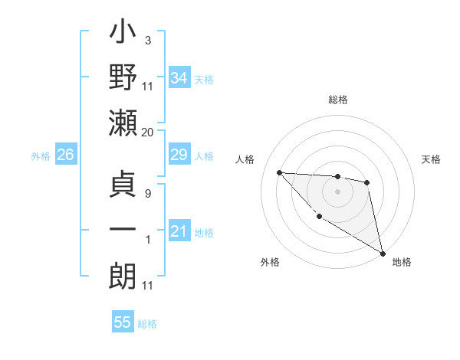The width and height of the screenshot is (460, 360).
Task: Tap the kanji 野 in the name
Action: pos(123,79)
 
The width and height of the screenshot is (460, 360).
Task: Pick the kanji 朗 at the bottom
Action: pos(123,274)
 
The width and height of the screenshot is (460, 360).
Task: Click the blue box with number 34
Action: pos(179,78)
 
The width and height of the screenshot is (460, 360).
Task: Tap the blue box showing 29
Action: pos(179,155)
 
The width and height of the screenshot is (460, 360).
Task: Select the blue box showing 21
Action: pos(179,231)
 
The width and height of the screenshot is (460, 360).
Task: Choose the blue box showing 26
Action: pos(65,155)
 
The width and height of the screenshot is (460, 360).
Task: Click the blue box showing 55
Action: pos(123,322)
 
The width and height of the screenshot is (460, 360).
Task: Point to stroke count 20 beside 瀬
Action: pos(147,132)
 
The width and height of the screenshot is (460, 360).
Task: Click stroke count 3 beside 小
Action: pos(147,40)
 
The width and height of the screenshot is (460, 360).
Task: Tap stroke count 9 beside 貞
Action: pos(147,193)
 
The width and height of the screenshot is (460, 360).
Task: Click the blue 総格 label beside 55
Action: pos(147,324)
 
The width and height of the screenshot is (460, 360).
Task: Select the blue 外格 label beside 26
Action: pos(41,156)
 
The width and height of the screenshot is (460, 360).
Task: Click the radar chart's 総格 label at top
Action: pos(337,100)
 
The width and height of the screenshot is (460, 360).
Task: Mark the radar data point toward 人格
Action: pos(280,172)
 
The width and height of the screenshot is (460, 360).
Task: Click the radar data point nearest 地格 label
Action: pos(383,253)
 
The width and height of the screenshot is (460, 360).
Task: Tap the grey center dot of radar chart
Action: pos(337,191)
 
